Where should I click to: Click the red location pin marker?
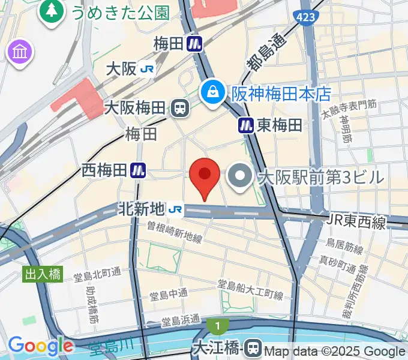coord(205,176)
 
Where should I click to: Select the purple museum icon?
coord(20,52)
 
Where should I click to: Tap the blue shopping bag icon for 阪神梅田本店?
coord(212,92)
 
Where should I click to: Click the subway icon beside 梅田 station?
coord(194,43)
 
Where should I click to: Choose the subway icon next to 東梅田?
coord(246,125)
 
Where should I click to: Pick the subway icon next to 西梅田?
coord(139,170)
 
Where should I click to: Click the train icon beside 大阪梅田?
coord(179,108)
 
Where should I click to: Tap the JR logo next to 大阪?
coord(147,69)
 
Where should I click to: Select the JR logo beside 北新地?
coord(176,209)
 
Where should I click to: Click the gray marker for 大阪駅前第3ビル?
coord(242,176)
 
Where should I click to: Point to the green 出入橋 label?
coord(43,274)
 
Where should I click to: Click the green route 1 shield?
coord(216,326)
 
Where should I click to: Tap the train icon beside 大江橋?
coord(254,347)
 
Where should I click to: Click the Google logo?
coord(40,346)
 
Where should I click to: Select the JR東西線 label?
coord(356,221)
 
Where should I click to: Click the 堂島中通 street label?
coord(168,293)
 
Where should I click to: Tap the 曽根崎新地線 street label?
coord(175,232)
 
